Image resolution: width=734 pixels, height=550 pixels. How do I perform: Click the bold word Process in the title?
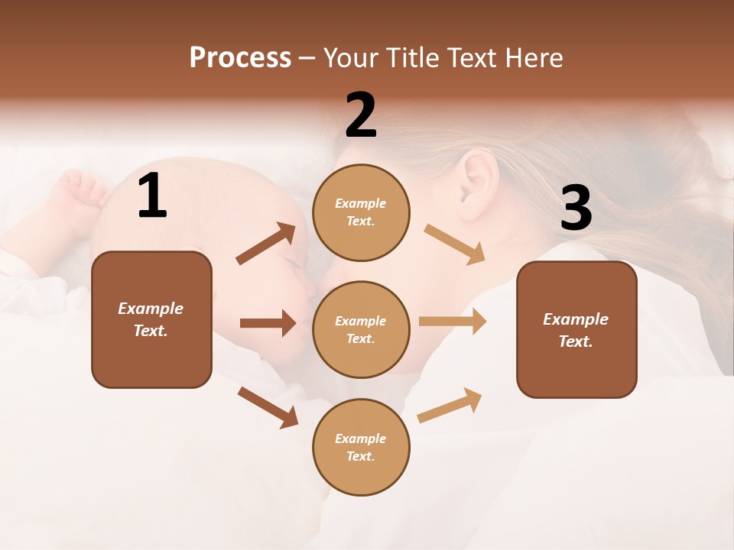tap(240, 58)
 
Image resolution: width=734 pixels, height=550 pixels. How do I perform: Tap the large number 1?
tap(152, 196)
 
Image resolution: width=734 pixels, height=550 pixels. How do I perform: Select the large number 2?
tap(361, 115)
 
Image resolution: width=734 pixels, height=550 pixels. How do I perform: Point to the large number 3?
tap(576, 209)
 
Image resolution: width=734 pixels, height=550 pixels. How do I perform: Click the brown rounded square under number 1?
tap(151, 319)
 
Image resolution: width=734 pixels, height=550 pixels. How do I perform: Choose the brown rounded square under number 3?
tap(576, 329)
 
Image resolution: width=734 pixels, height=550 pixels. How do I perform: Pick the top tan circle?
tap(361, 212)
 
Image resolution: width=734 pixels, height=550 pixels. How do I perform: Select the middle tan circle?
tap(361, 329)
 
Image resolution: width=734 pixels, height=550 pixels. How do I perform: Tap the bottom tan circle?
tap(361, 447)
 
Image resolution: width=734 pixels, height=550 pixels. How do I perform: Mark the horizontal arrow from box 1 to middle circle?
tap(268, 323)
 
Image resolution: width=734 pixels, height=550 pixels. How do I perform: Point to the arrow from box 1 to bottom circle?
tap(268, 407)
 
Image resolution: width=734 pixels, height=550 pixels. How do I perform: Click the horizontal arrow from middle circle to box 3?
tap(453, 322)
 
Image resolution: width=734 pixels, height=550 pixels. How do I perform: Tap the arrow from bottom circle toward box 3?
tap(450, 405)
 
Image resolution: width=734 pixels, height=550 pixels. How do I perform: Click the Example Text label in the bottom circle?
tap(361, 447)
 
